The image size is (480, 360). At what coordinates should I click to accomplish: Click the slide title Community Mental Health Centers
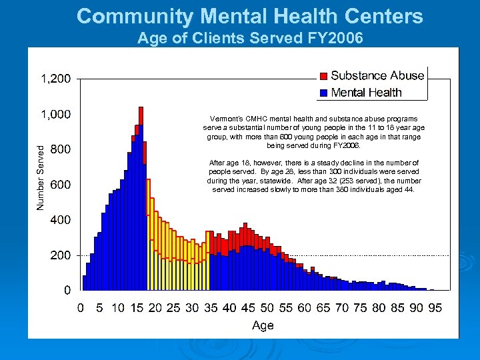point(249,16)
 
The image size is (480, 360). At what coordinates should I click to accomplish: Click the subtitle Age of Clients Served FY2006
point(250,38)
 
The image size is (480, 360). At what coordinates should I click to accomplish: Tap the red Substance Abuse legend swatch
point(323,75)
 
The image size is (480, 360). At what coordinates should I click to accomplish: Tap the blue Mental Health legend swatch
point(323,92)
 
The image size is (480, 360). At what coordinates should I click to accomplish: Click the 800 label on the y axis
point(60,149)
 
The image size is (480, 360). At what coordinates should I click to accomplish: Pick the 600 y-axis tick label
point(60,185)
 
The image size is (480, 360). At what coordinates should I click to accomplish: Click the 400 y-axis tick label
point(60,220)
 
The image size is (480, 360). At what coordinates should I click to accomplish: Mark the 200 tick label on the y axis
point(60,255)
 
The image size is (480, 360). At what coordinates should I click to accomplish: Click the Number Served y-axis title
point(40,177)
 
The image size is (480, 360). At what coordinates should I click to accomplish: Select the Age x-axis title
point(263,325)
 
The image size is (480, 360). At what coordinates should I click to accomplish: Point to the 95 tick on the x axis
point(435,307)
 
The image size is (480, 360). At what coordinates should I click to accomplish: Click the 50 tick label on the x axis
point(267,307)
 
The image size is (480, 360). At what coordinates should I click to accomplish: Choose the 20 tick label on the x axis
point(155,307)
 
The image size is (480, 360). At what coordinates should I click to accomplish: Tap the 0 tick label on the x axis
point(81,307)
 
